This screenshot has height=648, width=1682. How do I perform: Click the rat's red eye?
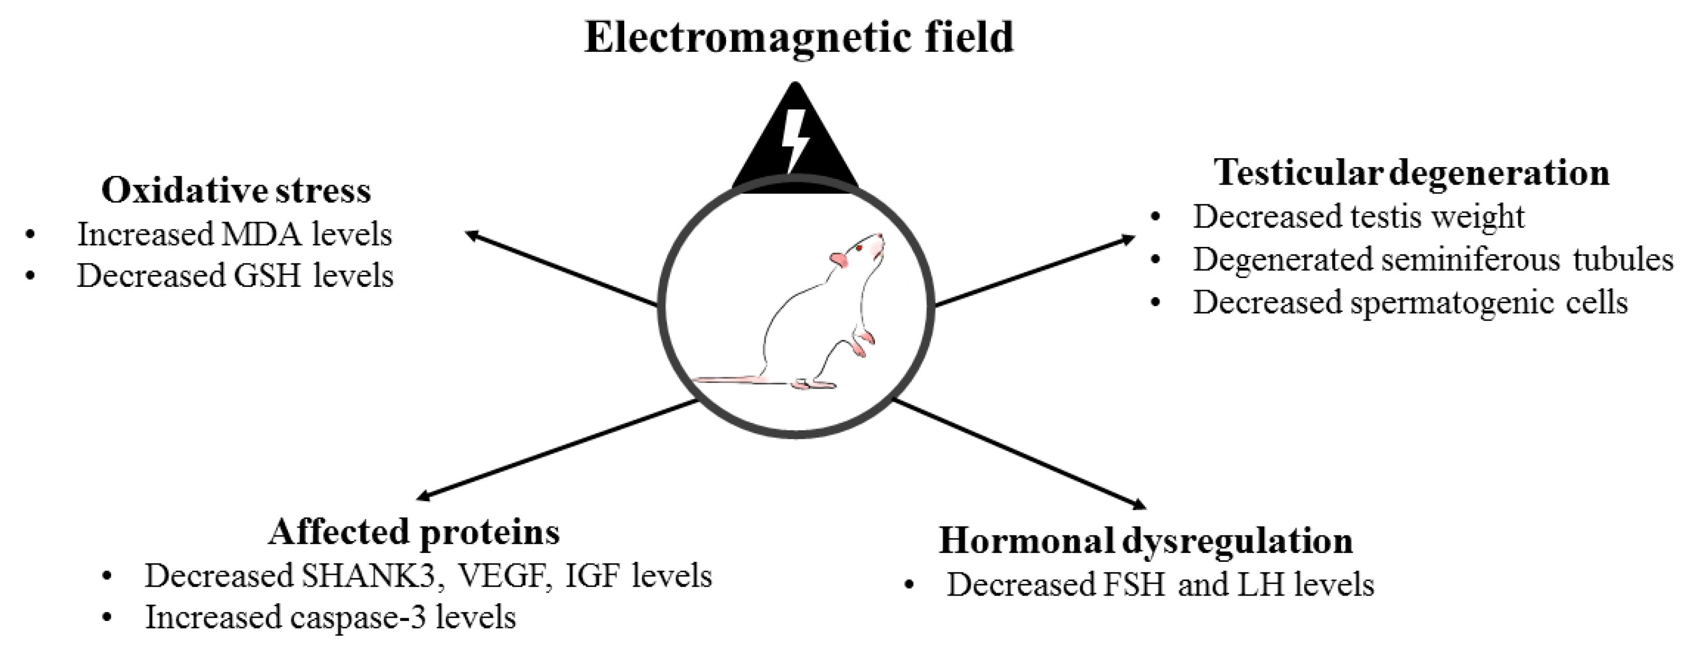pos(860,249)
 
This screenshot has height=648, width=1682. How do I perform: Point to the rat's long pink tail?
pos(738,379)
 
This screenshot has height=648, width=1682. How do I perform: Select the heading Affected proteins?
pos(414,532)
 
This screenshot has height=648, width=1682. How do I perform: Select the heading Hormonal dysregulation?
pos(1146,540)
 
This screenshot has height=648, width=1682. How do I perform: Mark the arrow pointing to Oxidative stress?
pos(562,269)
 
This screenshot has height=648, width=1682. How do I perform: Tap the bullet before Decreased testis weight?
pos(1156,217)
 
